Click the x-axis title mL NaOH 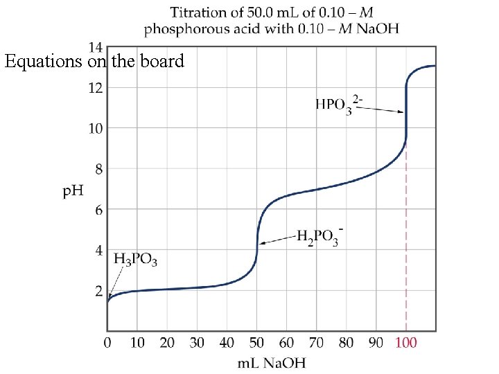click(x=272, y=363)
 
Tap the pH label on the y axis click(x=73, y=190)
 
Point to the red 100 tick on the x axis click(x=407, y=343)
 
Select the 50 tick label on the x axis click(x=257, y=343)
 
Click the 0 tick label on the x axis click(x=107, y=343)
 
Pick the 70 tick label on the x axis click(x=317, y=343)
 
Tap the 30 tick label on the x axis click(x=197, y=343)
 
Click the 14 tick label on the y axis click(x=94, y=47)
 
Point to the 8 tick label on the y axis click(x=98, y=169)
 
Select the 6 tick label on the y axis click(x=98, y=210)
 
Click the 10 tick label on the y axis click(x=94, y=128)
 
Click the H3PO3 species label click(x=136, y=260)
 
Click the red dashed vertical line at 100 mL click(x=406, y=235)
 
